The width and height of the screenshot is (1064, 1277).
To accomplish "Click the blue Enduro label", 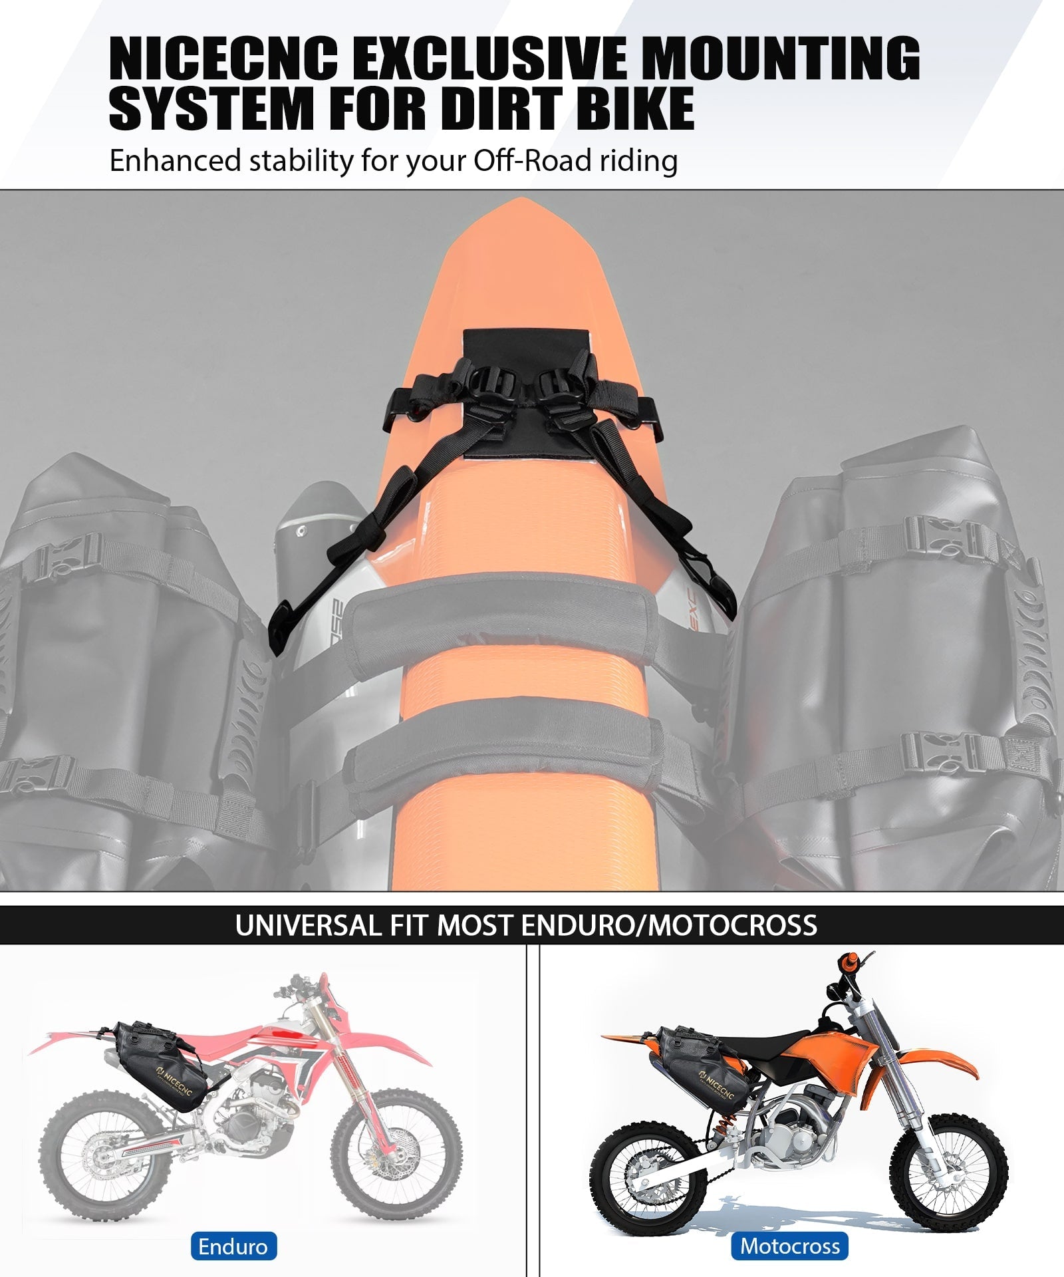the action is [233, 1246].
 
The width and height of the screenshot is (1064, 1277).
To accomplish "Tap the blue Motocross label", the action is [790, 1246].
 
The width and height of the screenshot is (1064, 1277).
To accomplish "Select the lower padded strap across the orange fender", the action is [512, 748].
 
